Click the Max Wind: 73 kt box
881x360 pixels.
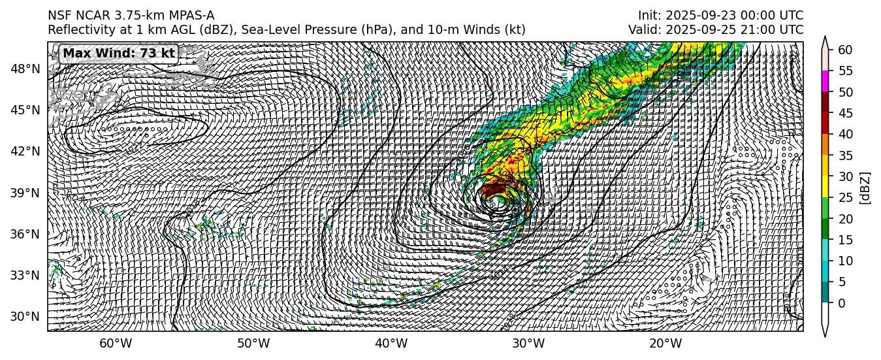119,54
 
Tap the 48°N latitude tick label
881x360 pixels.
25,69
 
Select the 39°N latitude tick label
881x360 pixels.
25,193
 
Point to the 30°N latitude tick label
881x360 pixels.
25,317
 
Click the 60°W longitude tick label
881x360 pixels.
115,344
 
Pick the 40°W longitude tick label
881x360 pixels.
391,344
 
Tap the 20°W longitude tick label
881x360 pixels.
665,344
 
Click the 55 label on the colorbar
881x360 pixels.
846,71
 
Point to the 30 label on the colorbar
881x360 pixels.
846,176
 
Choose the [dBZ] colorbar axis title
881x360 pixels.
866,188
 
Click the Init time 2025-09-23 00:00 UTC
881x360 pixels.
720,16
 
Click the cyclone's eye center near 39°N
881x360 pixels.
498,198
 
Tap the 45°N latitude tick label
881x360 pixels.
25,110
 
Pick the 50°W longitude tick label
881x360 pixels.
253,344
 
